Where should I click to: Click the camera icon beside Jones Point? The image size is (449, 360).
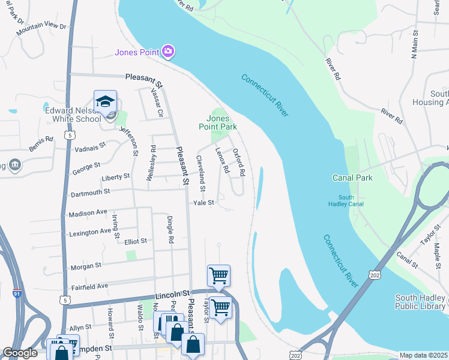pyautogui.click(x=168, y=52)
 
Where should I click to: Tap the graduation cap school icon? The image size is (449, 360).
pyautogui.click(x=105, y=101)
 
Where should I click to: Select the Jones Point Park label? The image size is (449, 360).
pyautogui.click(x=218, y=122)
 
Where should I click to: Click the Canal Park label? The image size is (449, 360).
pyautogui.click(x=352, y=178)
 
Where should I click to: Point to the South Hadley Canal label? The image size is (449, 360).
pyautogui.click(x=346, y=200)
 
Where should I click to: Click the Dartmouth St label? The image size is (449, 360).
pyautogui.click(x=90, y=192)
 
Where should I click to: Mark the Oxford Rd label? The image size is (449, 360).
pyautogui.click(x=239, y=162)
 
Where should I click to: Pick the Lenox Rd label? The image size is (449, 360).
pyautogui.click(x=222, y=161)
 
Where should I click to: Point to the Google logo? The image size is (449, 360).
pyautogui.click(x=20, y=353)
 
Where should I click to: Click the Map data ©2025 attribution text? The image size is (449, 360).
pyautogui.click(x=423, y=355)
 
